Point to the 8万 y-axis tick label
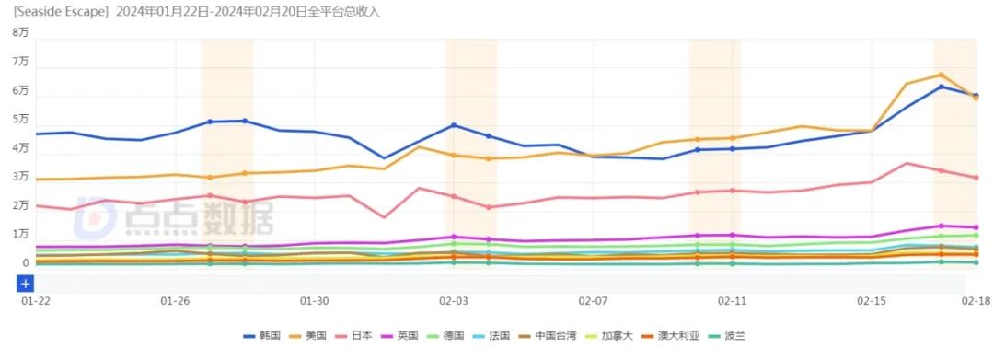20,33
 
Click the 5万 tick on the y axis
20,120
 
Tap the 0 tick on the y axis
26,263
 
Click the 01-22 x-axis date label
35,301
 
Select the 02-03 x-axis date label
453,301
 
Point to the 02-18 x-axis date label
976,301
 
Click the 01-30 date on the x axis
314,301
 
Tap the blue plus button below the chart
26,283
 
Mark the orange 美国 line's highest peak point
941,75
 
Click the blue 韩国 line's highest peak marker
941,87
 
